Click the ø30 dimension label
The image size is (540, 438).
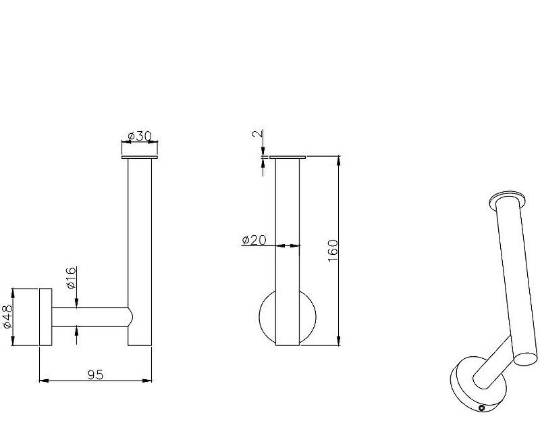139,137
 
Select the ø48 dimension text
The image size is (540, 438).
7,316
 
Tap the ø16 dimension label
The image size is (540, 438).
71,278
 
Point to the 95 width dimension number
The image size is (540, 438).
95,374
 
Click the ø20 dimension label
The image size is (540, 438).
254,240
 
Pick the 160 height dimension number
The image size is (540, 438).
333,250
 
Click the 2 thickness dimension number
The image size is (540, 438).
258,133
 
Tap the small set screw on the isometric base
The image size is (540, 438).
482,408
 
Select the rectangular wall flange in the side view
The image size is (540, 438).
45,316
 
